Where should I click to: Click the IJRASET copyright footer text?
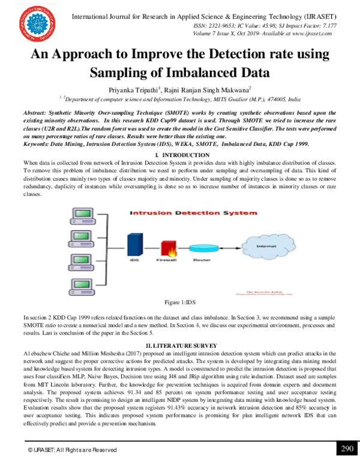72,450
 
